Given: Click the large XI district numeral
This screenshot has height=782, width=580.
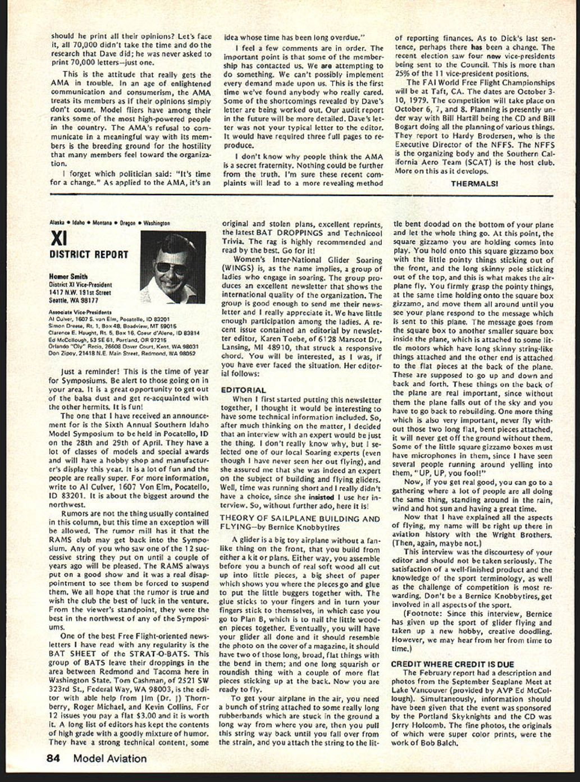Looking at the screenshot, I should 58,239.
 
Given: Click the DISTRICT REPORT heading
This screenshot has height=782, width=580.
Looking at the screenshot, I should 89,254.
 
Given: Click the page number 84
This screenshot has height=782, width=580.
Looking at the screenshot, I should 53,758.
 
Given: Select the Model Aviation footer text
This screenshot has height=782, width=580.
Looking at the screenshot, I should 110,758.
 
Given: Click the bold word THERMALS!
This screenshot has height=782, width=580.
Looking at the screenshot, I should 474,183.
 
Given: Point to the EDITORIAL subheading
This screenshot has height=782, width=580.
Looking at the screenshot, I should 243,389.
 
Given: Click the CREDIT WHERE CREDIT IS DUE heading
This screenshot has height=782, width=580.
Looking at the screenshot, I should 452,664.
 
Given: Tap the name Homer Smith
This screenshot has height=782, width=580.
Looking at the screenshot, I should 68,277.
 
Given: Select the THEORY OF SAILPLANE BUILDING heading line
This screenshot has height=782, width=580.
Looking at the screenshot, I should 300,518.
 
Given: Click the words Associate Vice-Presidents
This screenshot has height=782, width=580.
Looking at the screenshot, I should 80,312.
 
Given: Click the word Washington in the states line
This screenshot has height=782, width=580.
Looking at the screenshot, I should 157,223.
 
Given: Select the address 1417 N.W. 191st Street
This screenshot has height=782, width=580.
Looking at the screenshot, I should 76,292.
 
